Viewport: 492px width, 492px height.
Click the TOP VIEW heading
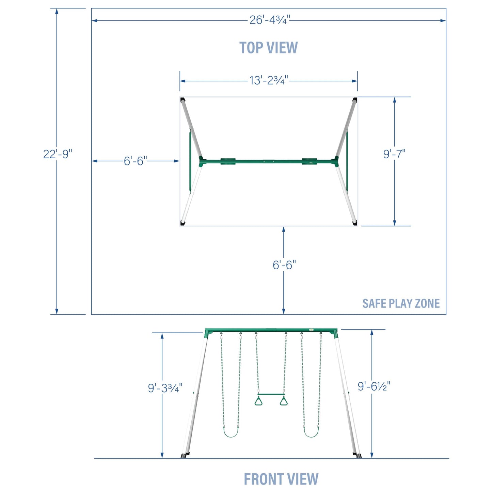268,47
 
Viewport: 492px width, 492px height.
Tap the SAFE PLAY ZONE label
401,303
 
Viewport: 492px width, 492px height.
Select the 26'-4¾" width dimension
270,20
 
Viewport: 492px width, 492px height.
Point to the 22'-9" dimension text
58,154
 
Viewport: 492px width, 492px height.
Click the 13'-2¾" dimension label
269,80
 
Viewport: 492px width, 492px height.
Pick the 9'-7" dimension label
394,154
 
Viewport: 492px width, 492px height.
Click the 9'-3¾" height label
165,388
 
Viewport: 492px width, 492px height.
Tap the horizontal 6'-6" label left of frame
136,161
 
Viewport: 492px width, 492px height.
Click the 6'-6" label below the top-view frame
284,265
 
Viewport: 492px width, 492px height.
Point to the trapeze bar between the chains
271,395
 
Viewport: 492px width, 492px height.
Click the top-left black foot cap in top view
182,100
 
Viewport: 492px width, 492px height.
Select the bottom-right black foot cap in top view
355,223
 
